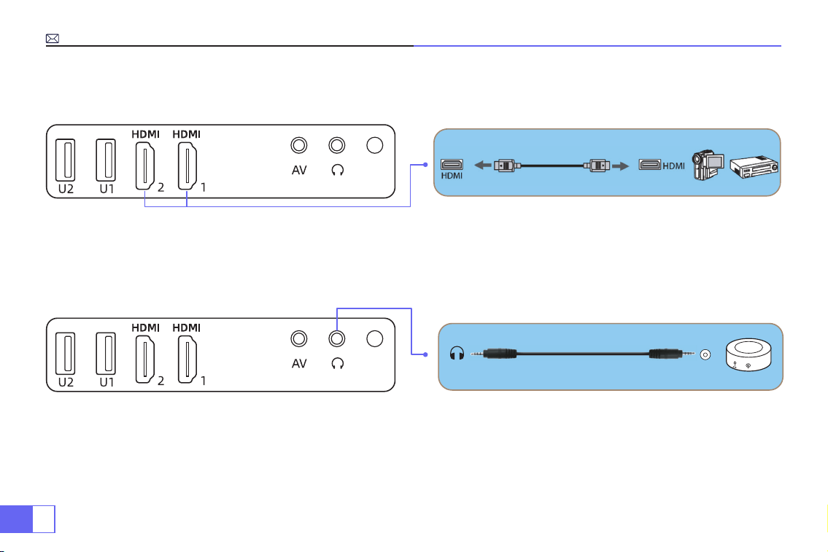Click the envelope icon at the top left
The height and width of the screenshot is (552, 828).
point(53,39)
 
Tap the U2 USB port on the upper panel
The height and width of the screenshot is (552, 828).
point(66,160)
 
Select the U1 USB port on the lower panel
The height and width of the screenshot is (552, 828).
point(106,353)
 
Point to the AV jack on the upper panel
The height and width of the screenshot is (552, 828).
point(299,145)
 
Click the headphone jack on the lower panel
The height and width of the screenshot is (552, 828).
point(337,338)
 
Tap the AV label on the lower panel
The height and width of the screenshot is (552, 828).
point(299,364)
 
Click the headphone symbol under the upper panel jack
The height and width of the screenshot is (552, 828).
point(338,170)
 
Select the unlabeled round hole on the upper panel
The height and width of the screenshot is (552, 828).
point(375,145)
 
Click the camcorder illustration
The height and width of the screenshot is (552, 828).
point(708,166)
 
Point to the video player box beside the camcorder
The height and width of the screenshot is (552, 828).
point(754,167)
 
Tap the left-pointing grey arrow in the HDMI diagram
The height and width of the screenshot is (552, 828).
point(483,166)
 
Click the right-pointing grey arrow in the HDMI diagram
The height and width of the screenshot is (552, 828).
point(621,166)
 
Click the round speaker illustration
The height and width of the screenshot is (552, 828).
point(748,354)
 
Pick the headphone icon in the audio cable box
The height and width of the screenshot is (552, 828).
point(457,353)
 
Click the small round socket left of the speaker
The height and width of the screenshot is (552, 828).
point(705,354)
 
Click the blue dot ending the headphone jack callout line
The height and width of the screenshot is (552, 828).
point(425,354)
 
